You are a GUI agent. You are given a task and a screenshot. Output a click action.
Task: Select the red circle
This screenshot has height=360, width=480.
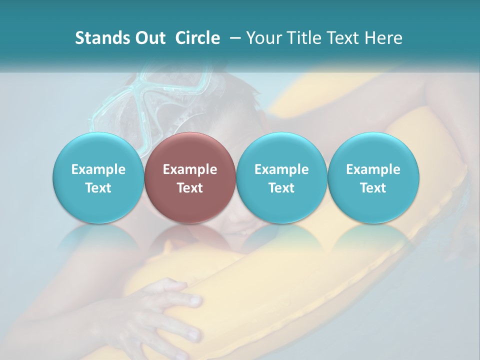tap(190, 178)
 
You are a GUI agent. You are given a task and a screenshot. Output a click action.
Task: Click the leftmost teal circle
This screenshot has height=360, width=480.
tap(98, 178)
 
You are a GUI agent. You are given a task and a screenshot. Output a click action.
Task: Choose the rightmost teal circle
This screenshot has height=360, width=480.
tap(373, 178)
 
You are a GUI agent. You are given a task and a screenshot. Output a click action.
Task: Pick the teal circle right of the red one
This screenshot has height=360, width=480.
tap(281, 178)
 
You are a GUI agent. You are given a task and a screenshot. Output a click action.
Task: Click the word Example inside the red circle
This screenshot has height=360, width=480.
tap(190, 169)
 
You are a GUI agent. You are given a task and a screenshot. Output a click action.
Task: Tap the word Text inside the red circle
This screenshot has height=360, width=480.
tap(190, 188)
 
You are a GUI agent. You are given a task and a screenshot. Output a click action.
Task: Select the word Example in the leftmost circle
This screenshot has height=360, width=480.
tap(98, 169)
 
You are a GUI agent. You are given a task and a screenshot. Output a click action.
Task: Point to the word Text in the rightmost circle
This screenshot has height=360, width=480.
tap(373, 188)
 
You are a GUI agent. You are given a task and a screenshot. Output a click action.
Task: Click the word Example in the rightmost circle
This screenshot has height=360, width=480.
tap(373, 169)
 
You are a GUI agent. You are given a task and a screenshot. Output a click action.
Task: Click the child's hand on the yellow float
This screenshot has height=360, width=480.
tap(165, 310)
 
